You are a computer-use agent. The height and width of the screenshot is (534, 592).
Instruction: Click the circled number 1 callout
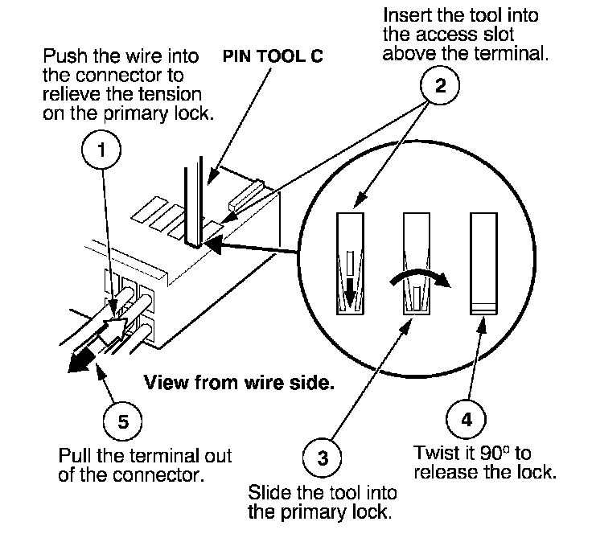pos(101,150)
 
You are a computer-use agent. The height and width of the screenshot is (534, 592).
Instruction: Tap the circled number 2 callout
pos(440,85)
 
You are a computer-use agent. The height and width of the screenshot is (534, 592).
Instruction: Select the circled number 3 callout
pos(322,458)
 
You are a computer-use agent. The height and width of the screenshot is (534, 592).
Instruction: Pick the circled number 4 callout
pos(467,419)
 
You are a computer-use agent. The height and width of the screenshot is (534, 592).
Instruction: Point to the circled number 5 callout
pos(123,421)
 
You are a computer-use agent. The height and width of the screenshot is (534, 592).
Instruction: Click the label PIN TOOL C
pos(273,56)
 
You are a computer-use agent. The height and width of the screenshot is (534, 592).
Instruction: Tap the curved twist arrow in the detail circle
pos(420,276)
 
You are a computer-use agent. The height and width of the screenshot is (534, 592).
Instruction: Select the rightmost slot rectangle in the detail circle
pos(483,264)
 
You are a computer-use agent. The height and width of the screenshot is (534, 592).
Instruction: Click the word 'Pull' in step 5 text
pos(76,455)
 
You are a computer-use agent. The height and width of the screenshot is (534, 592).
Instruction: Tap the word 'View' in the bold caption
pos(166,383)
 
